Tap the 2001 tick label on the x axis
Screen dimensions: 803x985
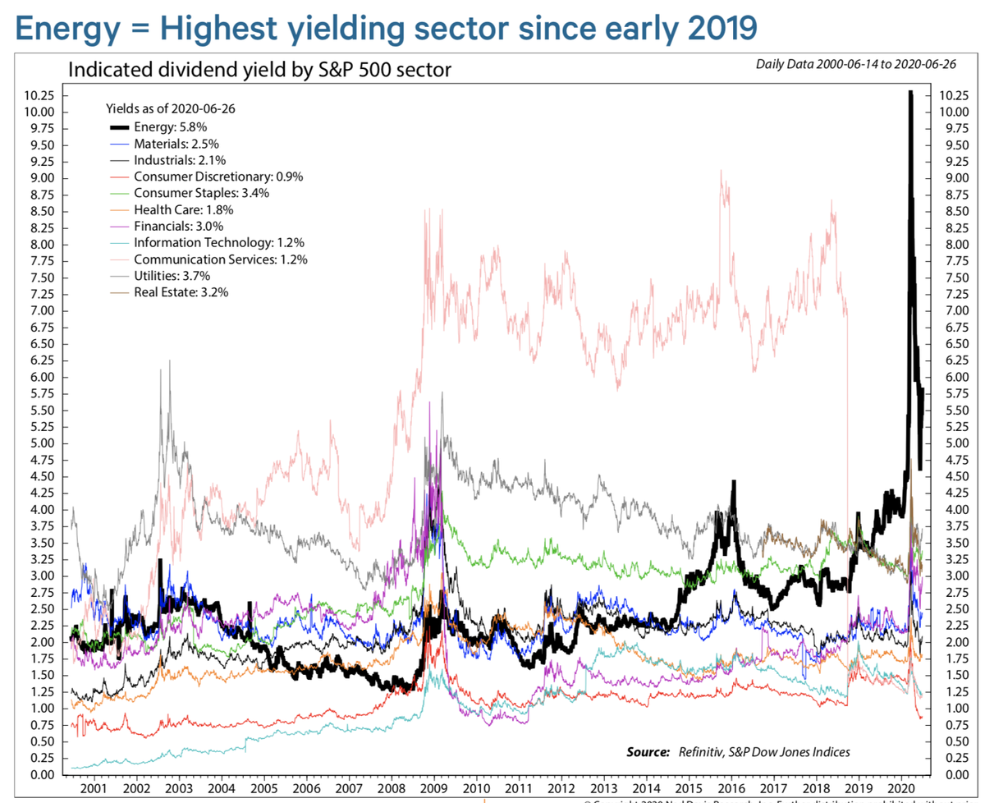point(94,789)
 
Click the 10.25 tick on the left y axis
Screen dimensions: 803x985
point(40,95)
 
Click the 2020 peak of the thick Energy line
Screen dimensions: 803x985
point(910,94)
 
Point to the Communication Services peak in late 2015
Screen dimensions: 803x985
point(721,172)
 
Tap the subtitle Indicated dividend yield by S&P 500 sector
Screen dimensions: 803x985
point(259,69)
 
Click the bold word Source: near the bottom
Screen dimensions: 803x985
point(648,751)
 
